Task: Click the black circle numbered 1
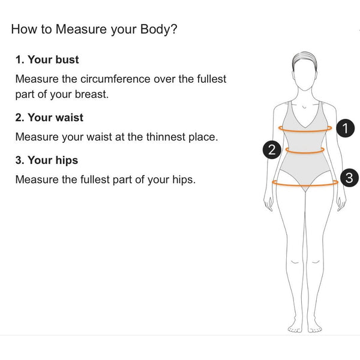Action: (x=346, y=128)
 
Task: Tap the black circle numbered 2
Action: (x=272, y=149)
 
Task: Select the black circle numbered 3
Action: (x=349, y=178)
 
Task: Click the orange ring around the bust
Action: (x=305, y=131)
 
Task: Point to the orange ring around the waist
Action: (x=305, y=152)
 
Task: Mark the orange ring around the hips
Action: (x=305, y=185)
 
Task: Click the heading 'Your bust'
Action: (x=53, y=59)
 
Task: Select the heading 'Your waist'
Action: (x=55, y=118)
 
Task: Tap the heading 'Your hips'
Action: (x=53, y=160)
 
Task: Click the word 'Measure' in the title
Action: (x=81, y=29)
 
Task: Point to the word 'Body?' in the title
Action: (x=158, y=29)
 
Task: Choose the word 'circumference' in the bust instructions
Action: (x=115, y=79)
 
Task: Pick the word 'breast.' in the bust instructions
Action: (x=92, y=94)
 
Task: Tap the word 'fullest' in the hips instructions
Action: (x=95, y=179)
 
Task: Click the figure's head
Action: (x=304, y=71)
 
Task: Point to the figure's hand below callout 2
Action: (x=268, y=203)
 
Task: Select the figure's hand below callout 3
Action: (x=341, y=203)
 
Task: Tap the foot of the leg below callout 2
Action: (x=295, y=326)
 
